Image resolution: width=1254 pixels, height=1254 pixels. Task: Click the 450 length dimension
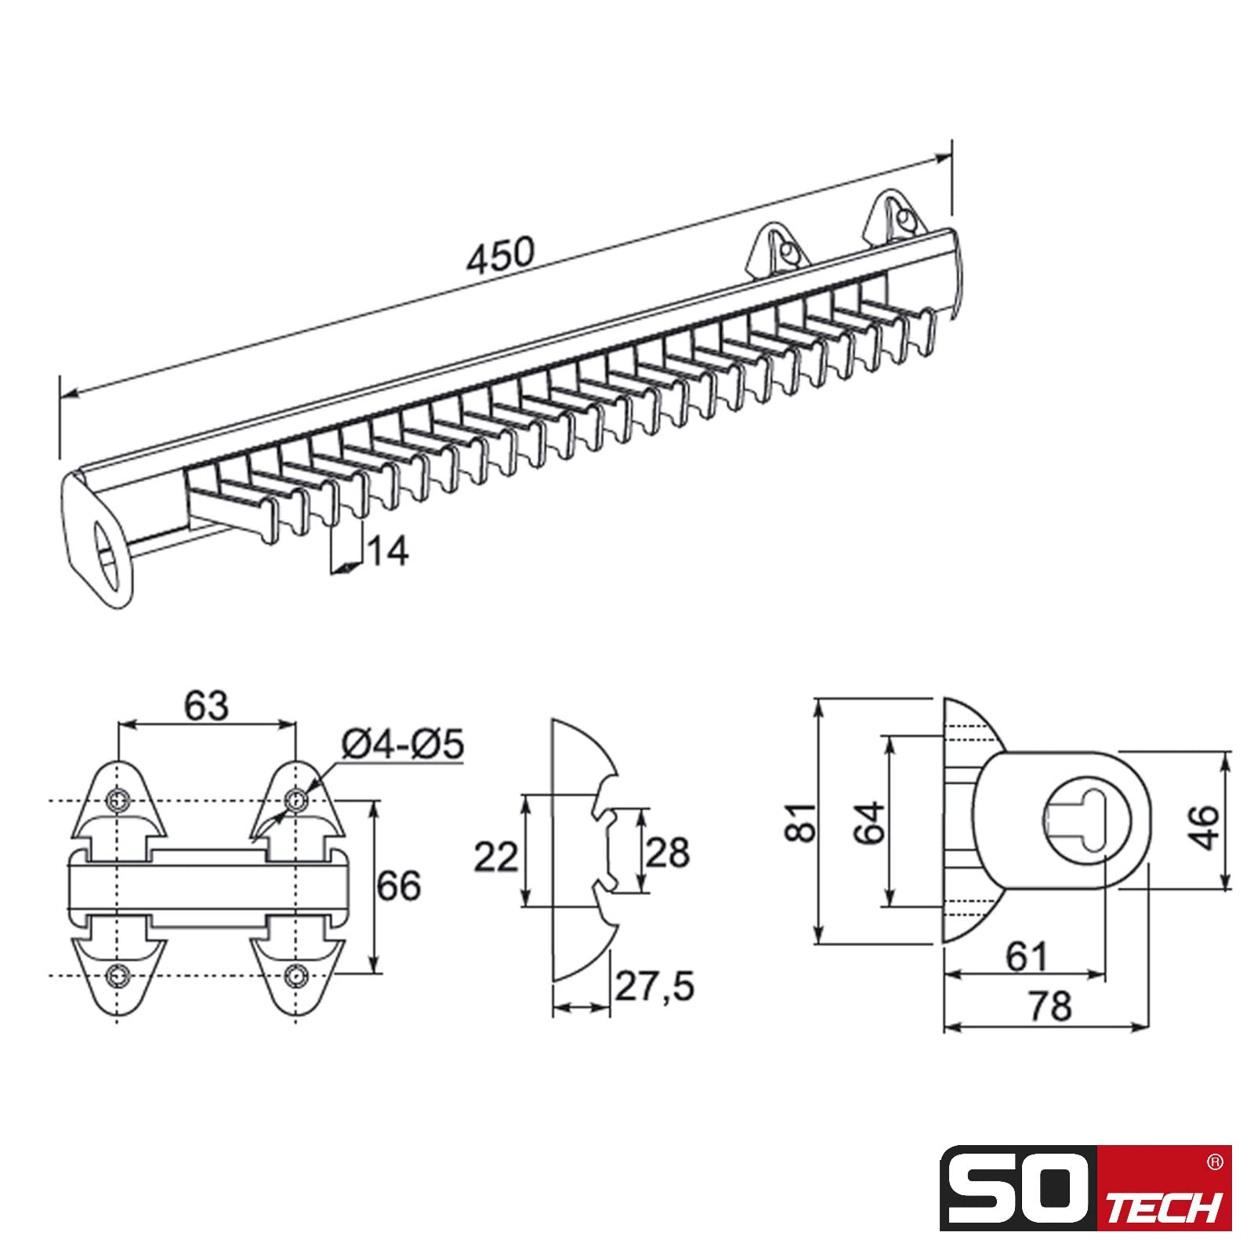tap(500, 254)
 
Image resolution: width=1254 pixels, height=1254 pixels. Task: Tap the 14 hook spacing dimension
tap(388, 551)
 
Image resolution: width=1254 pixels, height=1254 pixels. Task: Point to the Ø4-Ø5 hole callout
tap(403, 744)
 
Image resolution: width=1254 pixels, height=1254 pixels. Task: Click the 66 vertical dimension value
tap(399, 886)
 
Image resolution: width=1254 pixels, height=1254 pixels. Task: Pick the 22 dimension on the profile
tap(495, 857)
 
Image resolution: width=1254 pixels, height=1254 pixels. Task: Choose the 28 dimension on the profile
tap(667, 852)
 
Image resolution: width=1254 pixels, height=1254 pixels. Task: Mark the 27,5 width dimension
tap(654, 987)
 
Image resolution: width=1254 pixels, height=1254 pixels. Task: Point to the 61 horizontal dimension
tap(1027, 956)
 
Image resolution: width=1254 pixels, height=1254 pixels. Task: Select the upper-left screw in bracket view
tap(118, 801)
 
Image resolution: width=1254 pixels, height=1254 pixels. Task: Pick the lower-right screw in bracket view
tap(295, 976)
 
